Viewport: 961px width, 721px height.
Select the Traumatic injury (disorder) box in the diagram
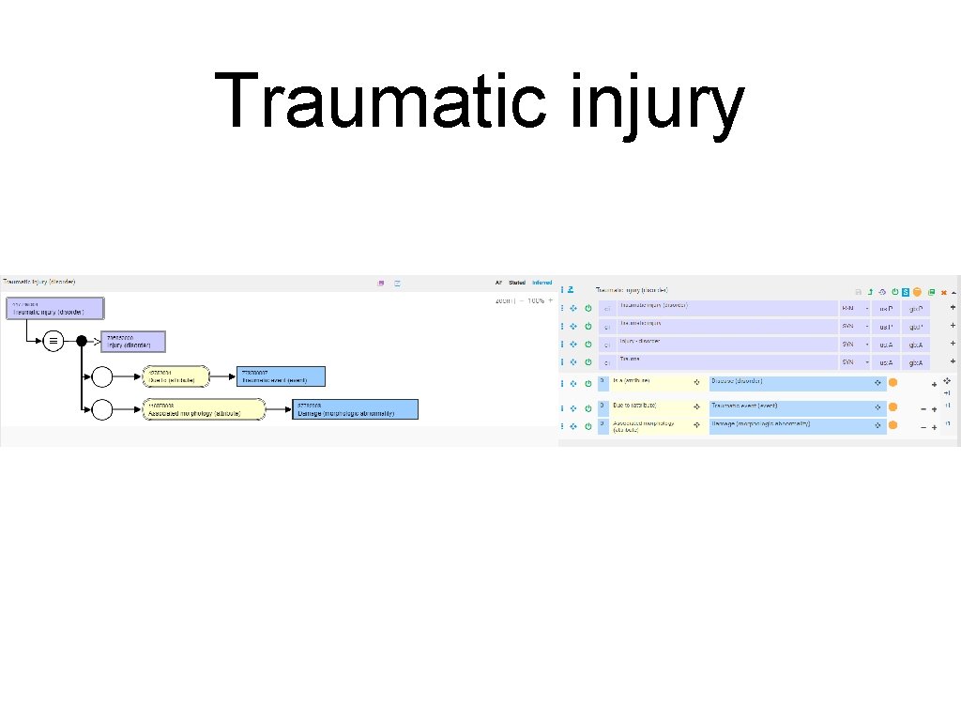coord(55,309)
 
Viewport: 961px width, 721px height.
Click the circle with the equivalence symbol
coord(54,342)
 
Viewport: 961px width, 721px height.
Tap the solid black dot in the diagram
coord(81,342)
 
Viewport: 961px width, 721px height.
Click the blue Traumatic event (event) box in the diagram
coord(282,376)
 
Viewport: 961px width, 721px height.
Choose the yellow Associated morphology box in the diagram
coord(205,408)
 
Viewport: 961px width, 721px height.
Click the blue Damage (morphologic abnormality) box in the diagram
coord(355,408)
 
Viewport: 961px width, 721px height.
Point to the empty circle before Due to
coord(102,377)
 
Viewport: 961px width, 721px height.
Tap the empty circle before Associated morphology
coord(102,409)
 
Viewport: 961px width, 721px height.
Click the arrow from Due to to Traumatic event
coord(221,376)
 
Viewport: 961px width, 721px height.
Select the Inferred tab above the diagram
coord(542,282)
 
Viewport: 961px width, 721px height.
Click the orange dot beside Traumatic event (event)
coord(892,407)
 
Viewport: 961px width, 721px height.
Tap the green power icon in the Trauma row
coord(588,361)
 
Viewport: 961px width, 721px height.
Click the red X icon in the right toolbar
coord(944,292)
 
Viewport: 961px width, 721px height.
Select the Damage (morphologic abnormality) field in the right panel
coord(785,426)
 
